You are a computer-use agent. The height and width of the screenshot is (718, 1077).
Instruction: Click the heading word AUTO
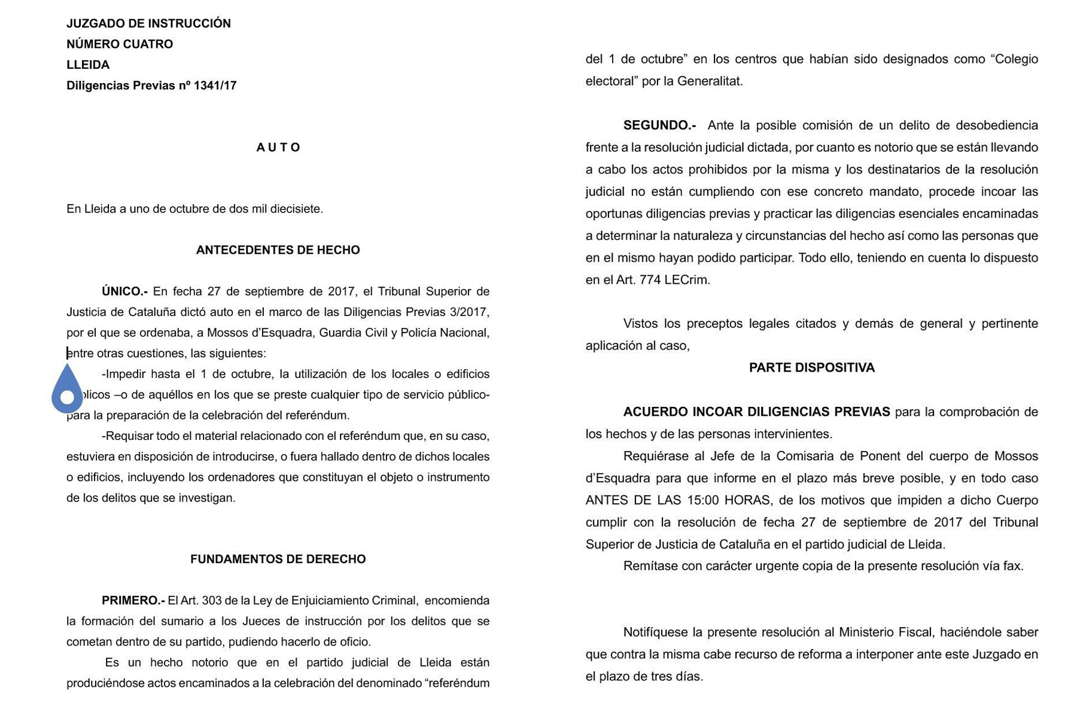click(278, 148)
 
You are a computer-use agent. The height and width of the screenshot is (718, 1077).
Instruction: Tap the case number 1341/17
click(215, 86)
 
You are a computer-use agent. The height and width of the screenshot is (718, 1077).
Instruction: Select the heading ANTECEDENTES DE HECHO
click(278, 250)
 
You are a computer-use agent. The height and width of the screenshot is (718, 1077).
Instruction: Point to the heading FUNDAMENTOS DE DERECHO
click(278, 559)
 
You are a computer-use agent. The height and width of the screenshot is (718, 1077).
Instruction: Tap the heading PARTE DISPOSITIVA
click(811, 368)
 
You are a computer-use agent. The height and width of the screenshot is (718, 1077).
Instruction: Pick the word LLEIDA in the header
click(88, 65)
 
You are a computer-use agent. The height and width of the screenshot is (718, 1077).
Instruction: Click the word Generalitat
click(710, 81)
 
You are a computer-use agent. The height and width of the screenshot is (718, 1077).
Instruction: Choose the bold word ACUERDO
click(655, 412)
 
